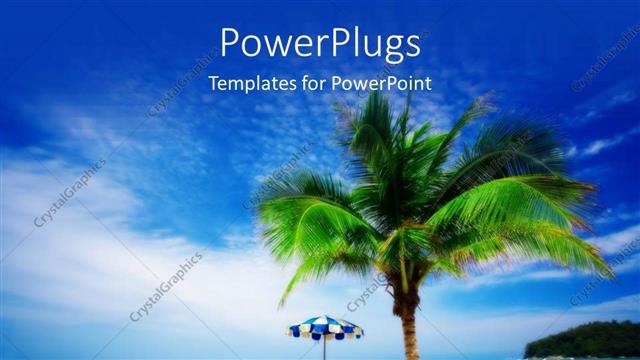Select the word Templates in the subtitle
(x=249, y=84)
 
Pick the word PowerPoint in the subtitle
(x=381, y=84)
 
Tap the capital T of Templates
(x=214, y=83)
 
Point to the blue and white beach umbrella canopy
(x=325, y=327)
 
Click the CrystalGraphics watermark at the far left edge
(x=70, y=192)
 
